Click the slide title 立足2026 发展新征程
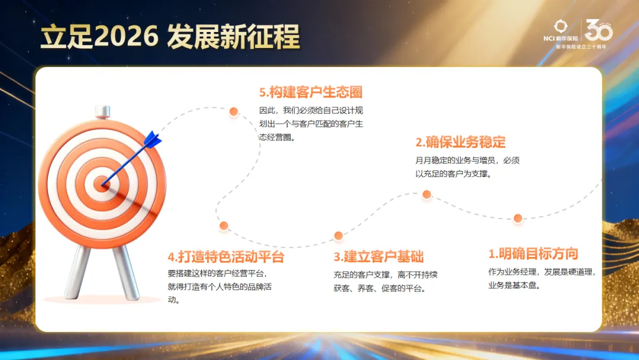pyautogui.click(x=170, y=37)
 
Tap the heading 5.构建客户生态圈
pyautogui.click(x=311, y=92)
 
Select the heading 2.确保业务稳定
pyautogui.click(x=460, y=142)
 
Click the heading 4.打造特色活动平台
pyautogui.click(x=226, y=257)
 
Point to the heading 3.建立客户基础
pyautogui.click(x=379, y=257)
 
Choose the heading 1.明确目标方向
pyautogui.click(x=533, y=254)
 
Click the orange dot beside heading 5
pyautogui.click(x=234, y=111)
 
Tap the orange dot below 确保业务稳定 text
pyautogui.click(x=427, y=194)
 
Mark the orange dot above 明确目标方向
pyautogui.click(x=518, y=218)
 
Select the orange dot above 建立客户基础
pyautogui.click(x=338, y=236)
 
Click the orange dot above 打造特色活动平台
pyautogui.click(x=224, y=226)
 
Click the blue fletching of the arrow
pyautogui.click(x=153, y=139)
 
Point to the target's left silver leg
pyautogui.click(x=79, y=272)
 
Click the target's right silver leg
pyautogui.click(x=125, y=272)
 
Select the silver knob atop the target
pyautogui.click(x=102, y=112)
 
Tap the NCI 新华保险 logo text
pyautogui.click(x=563, y=39)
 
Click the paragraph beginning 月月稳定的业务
pyautogui.click(x=467, y=168)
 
